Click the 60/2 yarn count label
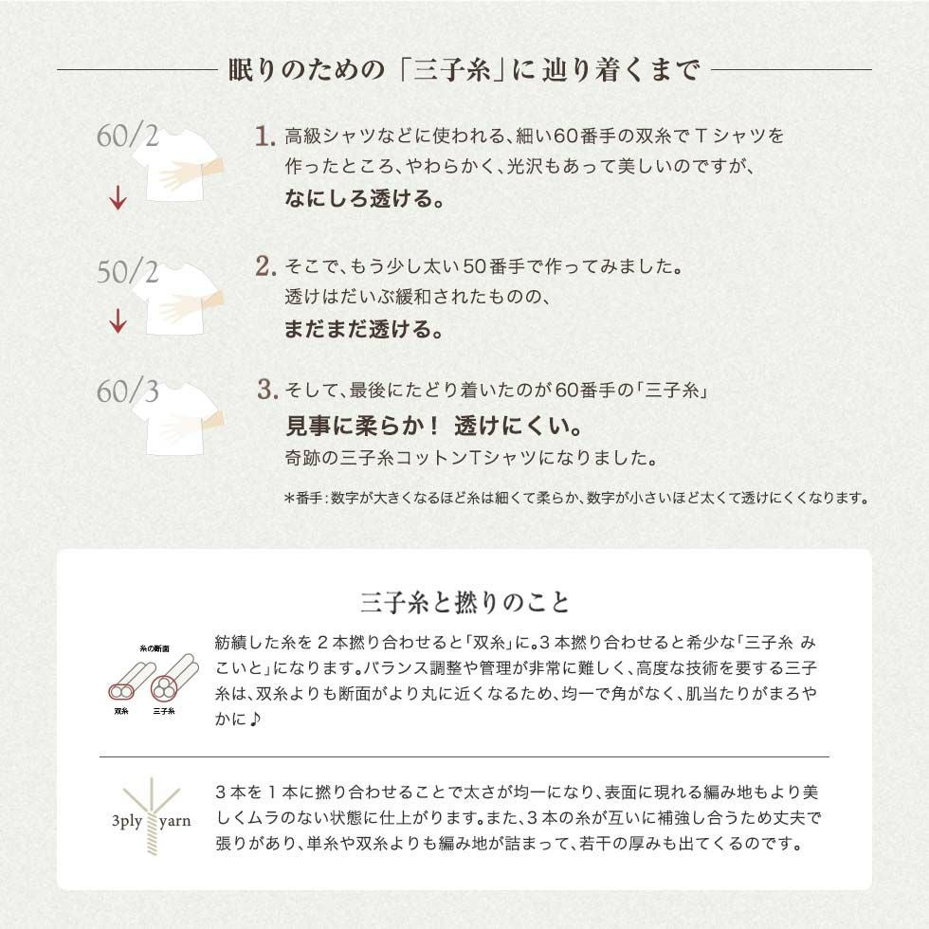pyautogui.click(x=127, y=136)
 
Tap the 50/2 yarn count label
pyautogui.click(x=127, y=271)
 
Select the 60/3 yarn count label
pyautogui.click(x=127, y=390)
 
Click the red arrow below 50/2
pyautogui.click(x=118, y=321)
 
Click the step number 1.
pyautogui.click(x=265, y=137)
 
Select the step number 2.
pyautogui.click(x=265, y=266)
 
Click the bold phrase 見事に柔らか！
pyautogui.click(x=362, y=423)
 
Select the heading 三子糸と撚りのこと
pyautogui.click(x=464, y=602)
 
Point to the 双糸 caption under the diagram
pyautogui.click(x=121, y=709)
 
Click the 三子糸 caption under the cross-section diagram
pyautogui.click(x=164, y=709)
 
